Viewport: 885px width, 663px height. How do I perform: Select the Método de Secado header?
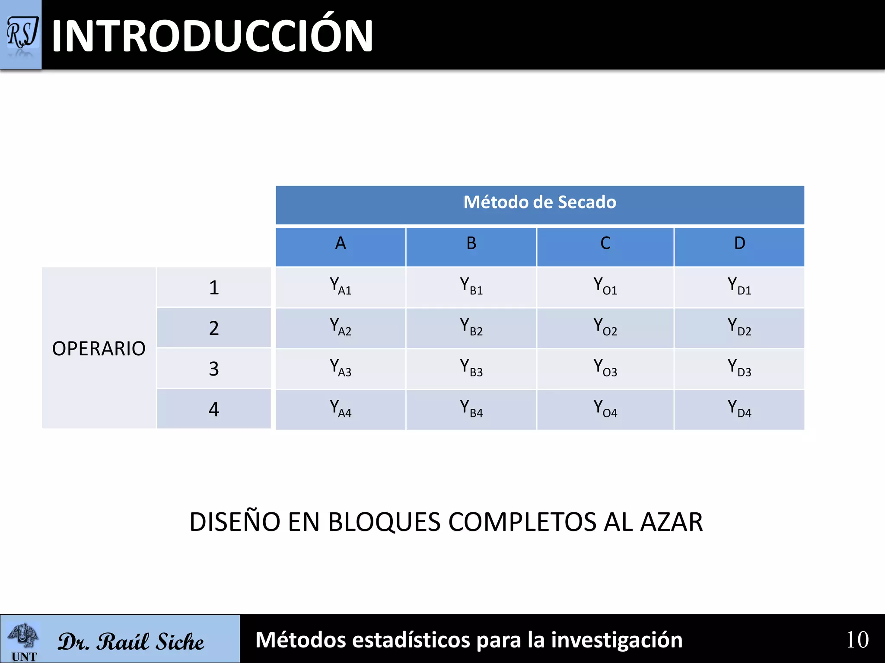(540, 202)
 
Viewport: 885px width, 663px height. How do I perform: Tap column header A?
(341, 243)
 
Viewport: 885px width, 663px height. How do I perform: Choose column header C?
(605, 243)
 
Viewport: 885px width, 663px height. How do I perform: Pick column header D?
(739, 243)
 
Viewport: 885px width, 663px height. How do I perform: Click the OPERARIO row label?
(99, 348)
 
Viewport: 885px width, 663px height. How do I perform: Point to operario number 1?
(214, 287)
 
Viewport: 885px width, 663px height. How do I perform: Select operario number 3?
(214, 369)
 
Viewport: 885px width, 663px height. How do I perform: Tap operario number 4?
(214, 409)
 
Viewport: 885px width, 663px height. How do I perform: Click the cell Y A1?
(341, 286)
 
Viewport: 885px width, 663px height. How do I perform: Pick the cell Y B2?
(471, 327)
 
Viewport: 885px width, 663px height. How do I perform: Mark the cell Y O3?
(605, 367)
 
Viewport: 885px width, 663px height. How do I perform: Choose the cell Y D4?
(739, 408)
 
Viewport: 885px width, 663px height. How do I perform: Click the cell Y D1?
(739, 286)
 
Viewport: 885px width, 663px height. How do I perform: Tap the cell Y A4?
(341, 408)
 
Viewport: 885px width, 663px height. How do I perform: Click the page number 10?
(857, 640)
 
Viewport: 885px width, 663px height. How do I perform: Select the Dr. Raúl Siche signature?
(131, 641)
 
